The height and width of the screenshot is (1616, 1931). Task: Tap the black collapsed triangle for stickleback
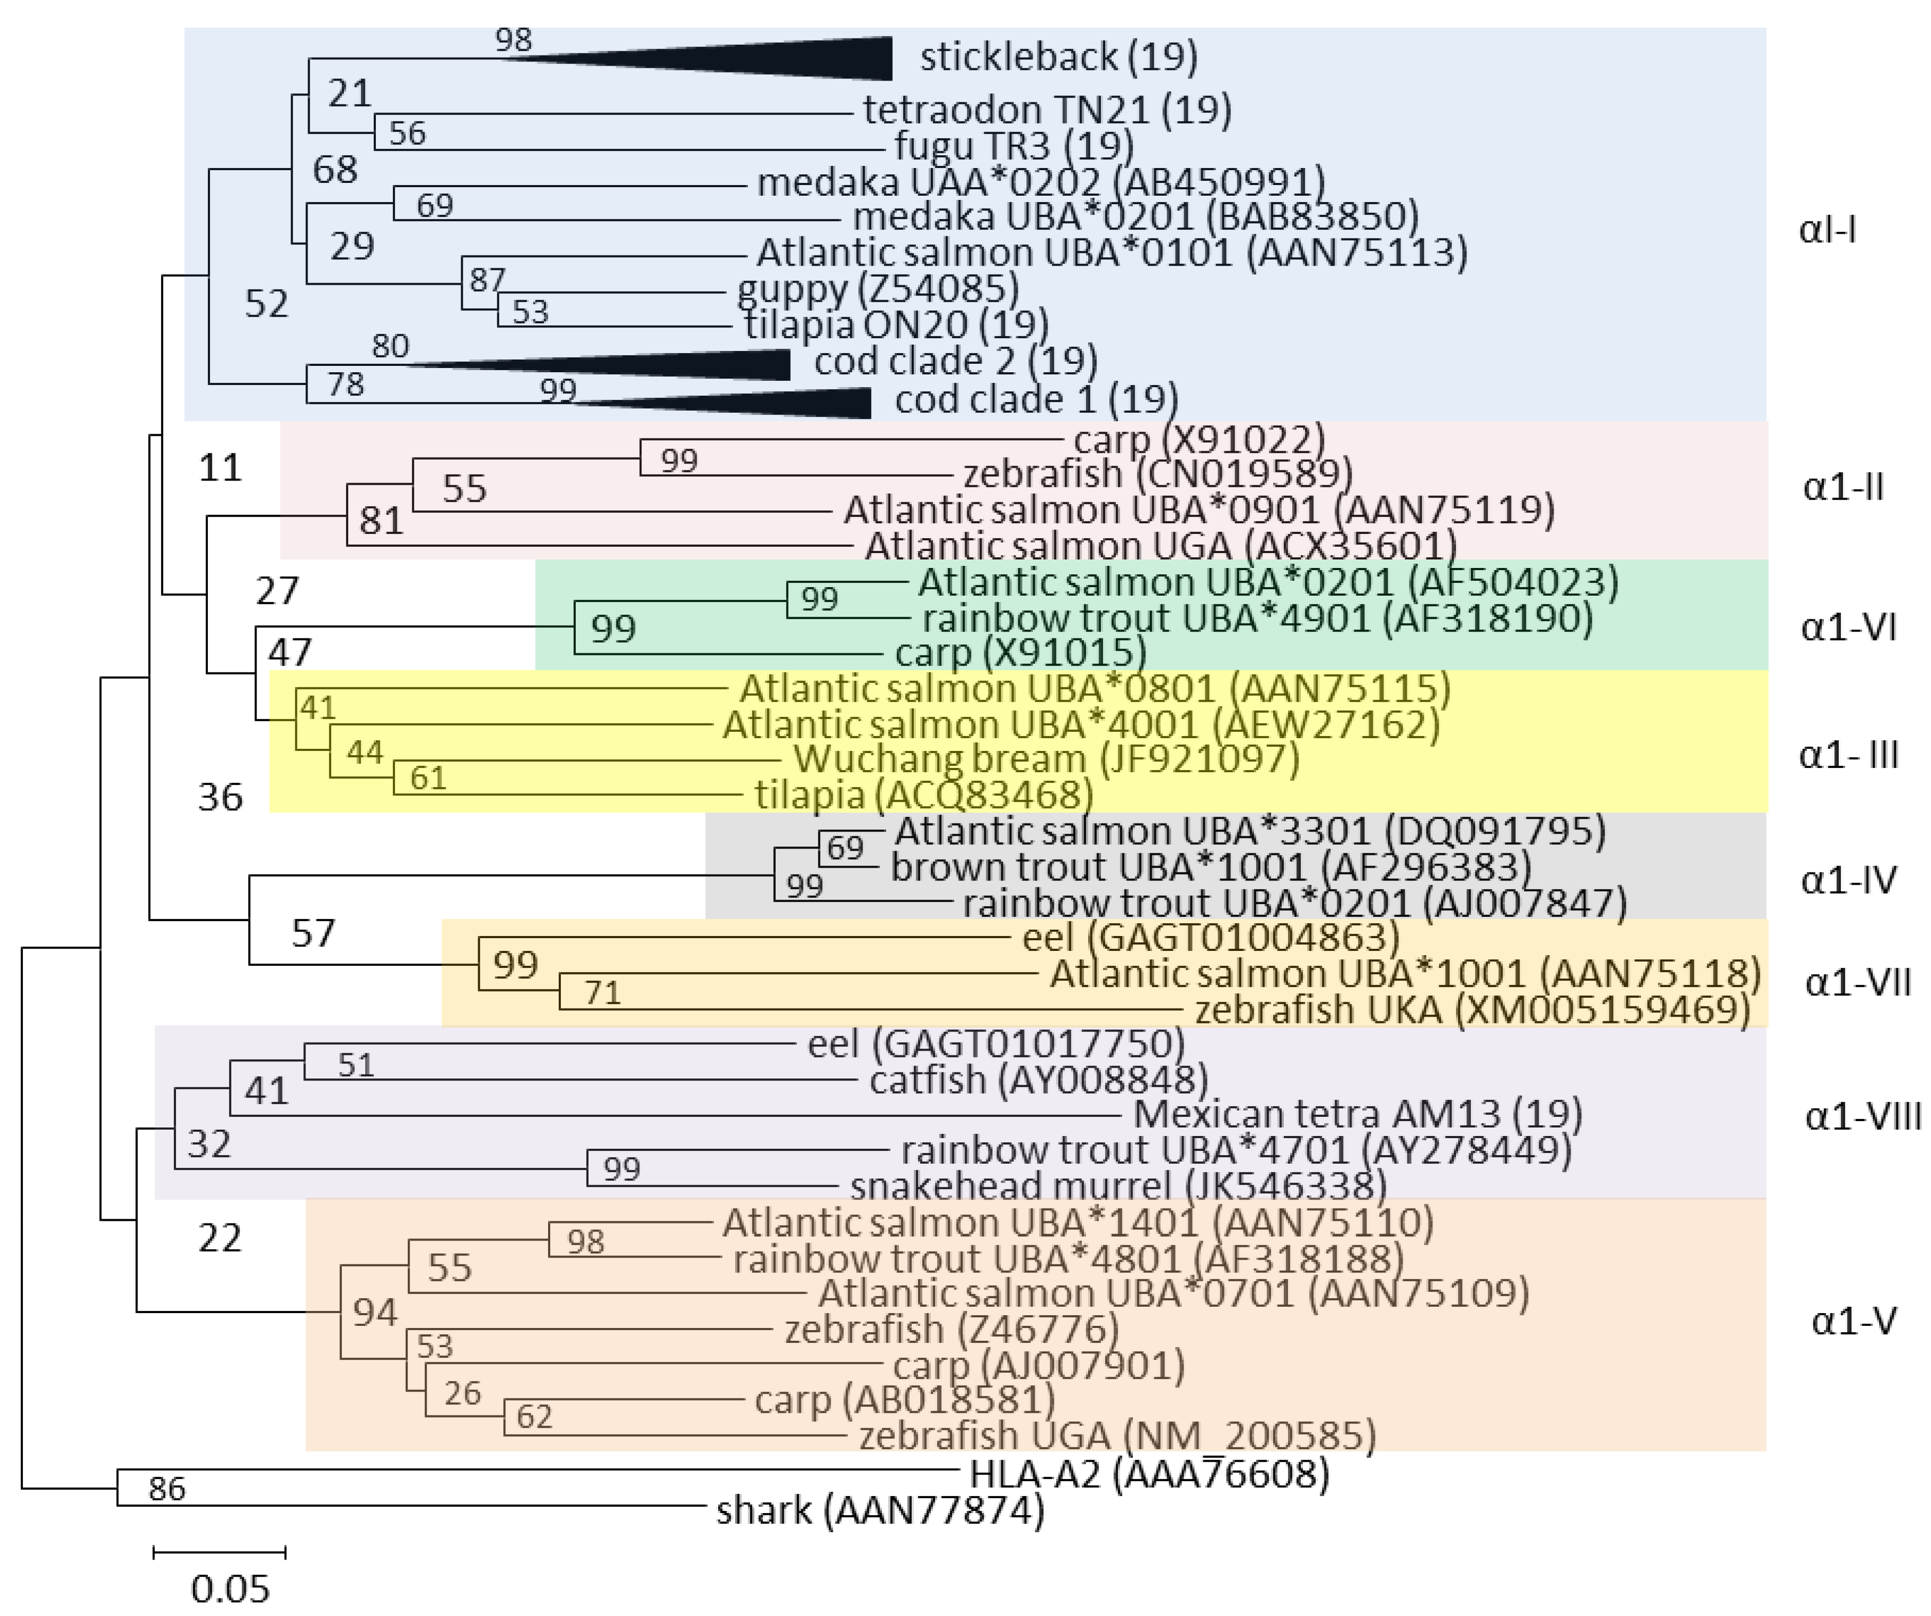click(782, 59)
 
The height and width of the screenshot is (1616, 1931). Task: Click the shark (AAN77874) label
click(880, 1511)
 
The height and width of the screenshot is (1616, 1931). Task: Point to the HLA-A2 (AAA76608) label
click(1149, 1474)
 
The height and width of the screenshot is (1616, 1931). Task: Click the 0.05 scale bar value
click(230, 1588)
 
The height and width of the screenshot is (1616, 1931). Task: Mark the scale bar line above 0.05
click(219, 1554)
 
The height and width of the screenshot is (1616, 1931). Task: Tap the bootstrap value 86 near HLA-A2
click(166, 1488)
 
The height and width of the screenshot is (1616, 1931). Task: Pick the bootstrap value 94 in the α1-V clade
click(374, 1313)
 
